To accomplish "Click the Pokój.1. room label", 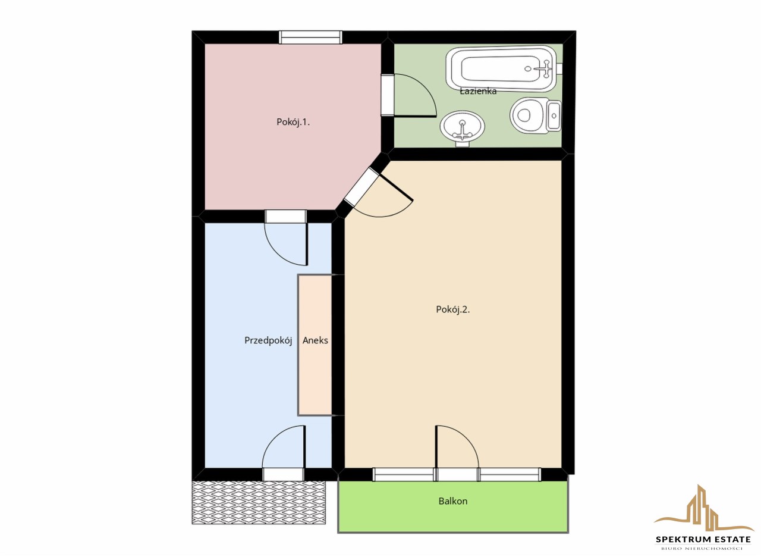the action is click(x=293, y=122).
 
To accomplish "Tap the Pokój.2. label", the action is click(x=452, y=309).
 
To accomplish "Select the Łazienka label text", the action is click(x=478, y=91).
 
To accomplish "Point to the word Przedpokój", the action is click(x=268, y=340).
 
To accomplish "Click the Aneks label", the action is click(x=315, y=340).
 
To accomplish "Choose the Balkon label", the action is click(x=453, y=501).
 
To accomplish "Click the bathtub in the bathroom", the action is click(x=501, y=68).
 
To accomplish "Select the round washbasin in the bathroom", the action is click(x=462, y=127).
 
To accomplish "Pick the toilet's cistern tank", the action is click(x=554, y=115).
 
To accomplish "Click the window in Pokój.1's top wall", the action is click(x=310, y=37).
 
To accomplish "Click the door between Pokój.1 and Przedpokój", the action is click(x=286, y=238).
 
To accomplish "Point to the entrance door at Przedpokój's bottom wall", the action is click(x=284, y=453).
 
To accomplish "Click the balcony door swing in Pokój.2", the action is click(x=457, y=447).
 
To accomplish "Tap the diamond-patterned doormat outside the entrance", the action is click(x=259, y=502).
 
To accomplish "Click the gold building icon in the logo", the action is click(x=703, y=509).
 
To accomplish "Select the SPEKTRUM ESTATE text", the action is click(x=703, y=539).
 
